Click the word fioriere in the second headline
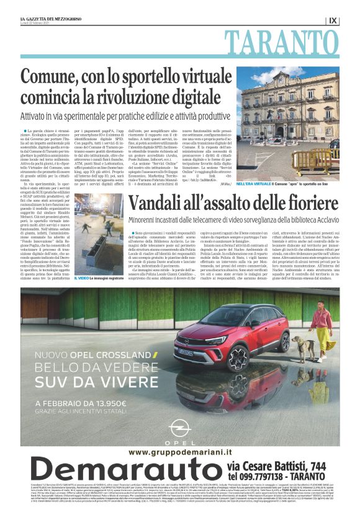click(307, 204)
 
